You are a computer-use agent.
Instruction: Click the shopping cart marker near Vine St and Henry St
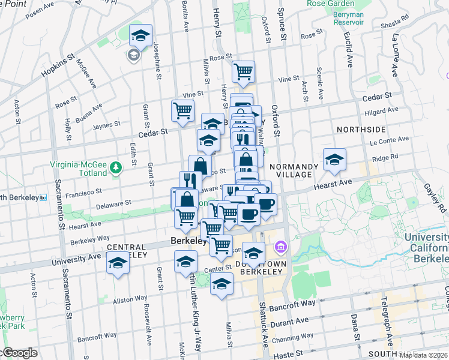click(x=243, y=72)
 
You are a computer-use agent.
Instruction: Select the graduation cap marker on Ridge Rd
click(x=334, y=160)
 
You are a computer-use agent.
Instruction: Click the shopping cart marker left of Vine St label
click(x=182, y=110)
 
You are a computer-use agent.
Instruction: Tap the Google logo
click(x=19, y=353)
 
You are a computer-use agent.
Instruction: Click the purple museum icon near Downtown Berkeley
click(x=281, y=247)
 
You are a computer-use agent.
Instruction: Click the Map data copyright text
click(x=423, y=355)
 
